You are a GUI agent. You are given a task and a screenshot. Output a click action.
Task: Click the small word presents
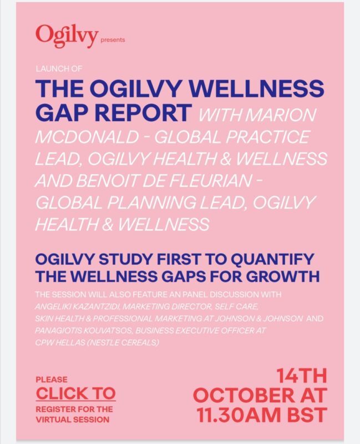click(113, 40)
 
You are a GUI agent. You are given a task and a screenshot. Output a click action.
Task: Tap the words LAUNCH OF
click(59, 68)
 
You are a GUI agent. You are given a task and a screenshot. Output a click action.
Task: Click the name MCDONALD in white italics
click(87, 137)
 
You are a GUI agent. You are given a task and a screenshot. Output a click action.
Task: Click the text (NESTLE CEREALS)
click(123, 342)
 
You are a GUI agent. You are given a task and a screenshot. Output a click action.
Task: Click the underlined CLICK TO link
click(76, 393)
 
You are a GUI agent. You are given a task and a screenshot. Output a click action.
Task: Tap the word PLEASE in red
click(52, 380)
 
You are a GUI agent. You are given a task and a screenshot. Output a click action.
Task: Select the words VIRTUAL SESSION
click(73, 420)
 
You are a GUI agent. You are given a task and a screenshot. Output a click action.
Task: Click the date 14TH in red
click(302, 376)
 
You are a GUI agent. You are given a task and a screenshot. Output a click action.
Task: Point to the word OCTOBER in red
click(244, 395)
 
